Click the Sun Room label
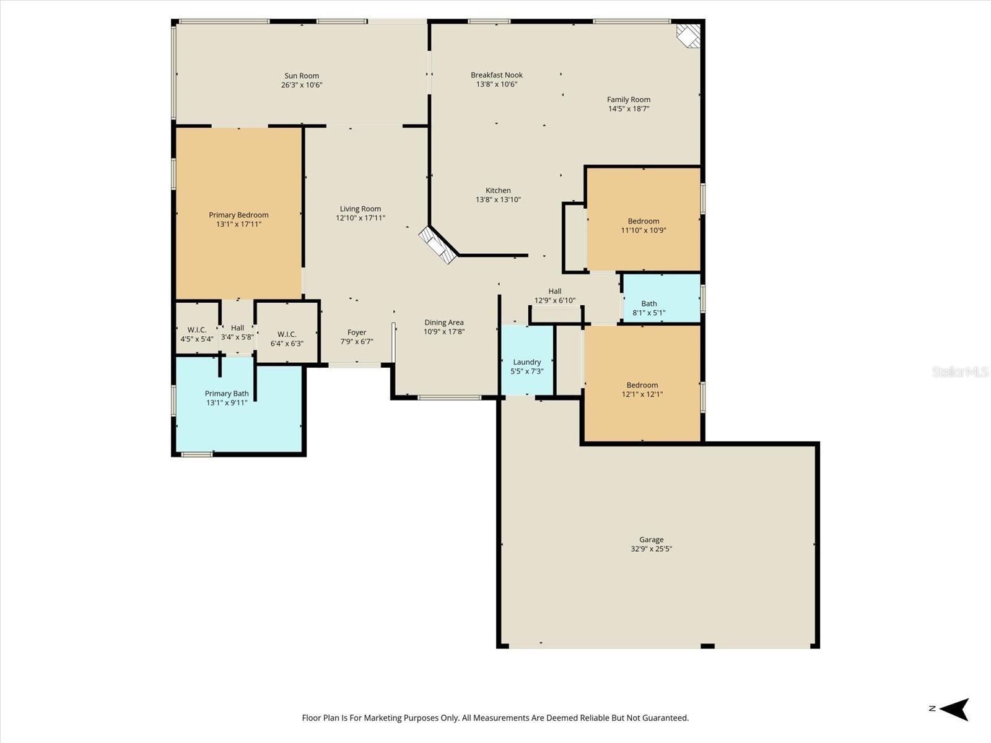click(x=302, y=76)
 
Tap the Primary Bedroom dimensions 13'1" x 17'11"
click(x=239, y=224)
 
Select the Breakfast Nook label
click(x=497, y=75)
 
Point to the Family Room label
click(x=629, y=99)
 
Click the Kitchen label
click(x=498, y=190)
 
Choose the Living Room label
click(x=360, y=209)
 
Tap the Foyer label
click(x=357, y=332)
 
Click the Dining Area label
click(x=444, y=323)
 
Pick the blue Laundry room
click(x=527, y=360)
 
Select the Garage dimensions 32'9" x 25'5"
click(x=651, y=549)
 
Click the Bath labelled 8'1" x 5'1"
click(x=661, y=298)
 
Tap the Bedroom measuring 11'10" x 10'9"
click(x=644, y=219)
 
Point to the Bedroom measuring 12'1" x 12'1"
click(x=642, y=383)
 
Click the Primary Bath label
click(x=227, y=393)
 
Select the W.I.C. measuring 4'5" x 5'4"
click(x=197, y=328)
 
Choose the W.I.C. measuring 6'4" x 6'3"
click(x=287, y=332)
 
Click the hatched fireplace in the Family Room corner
click(x=689, y=35)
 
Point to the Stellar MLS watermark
click(x=960, y=371)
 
